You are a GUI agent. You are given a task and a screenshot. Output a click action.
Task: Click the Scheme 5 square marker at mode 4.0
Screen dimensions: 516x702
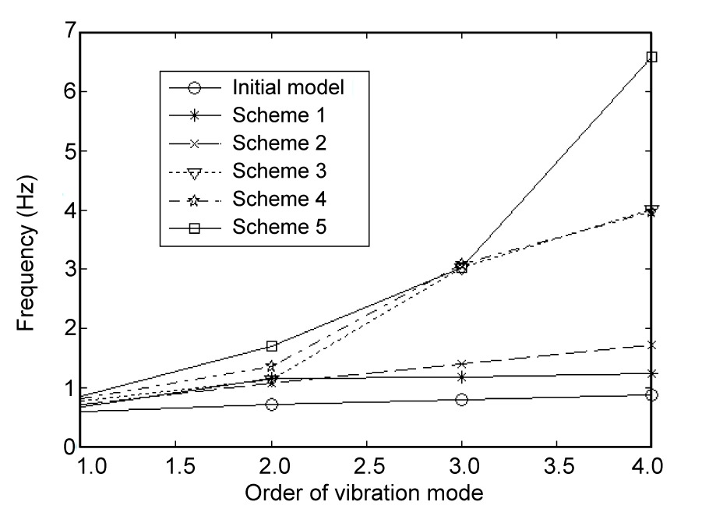[x=652, y=57]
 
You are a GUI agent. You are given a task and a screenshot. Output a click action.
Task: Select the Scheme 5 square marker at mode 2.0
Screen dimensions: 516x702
[x=271, y=346]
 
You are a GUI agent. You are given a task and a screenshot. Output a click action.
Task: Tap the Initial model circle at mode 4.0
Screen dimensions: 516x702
[x=652, y=395]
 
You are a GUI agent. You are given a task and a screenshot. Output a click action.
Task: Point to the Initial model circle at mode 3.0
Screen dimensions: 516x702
[x=461, y=400]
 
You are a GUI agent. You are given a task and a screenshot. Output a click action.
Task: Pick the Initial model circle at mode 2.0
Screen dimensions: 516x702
[x=271, y=405]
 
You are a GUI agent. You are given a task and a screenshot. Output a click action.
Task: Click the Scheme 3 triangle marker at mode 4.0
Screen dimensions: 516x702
[x=652, y=210]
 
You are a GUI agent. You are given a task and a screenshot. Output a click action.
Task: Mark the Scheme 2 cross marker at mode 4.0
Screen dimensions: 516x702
[x=652, y=345]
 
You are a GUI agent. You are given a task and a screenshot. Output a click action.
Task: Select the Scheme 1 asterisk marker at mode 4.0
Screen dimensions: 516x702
[x=652, y=373]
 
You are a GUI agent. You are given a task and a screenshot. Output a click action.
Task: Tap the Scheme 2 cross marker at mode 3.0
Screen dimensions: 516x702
[x=461, y=364]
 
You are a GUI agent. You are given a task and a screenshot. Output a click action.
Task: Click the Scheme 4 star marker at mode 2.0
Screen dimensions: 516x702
[x=271, y=366]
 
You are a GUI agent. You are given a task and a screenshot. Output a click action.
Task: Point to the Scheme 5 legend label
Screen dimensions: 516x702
[x=278, y=228]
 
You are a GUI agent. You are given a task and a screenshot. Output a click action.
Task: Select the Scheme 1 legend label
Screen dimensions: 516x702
[x=278, y=115]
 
